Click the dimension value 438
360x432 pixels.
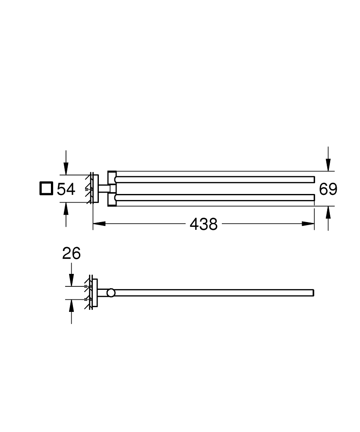(203, 224)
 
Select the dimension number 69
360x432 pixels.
(328, 189)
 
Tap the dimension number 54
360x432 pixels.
(66, 189)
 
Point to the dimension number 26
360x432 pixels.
(71, 254)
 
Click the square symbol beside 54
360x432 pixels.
(46, 189)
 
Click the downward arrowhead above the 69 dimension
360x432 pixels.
(328, 165)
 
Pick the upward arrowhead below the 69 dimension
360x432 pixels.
(328, 212)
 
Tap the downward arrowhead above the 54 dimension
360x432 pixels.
(66, 169)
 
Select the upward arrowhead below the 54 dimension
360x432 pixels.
(66, 209)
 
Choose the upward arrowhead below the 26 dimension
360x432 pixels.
(71, 305)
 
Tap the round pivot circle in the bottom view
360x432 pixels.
(111, 293)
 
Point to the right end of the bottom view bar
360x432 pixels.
(313, 292)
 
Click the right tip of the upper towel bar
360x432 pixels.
(313, 179)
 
